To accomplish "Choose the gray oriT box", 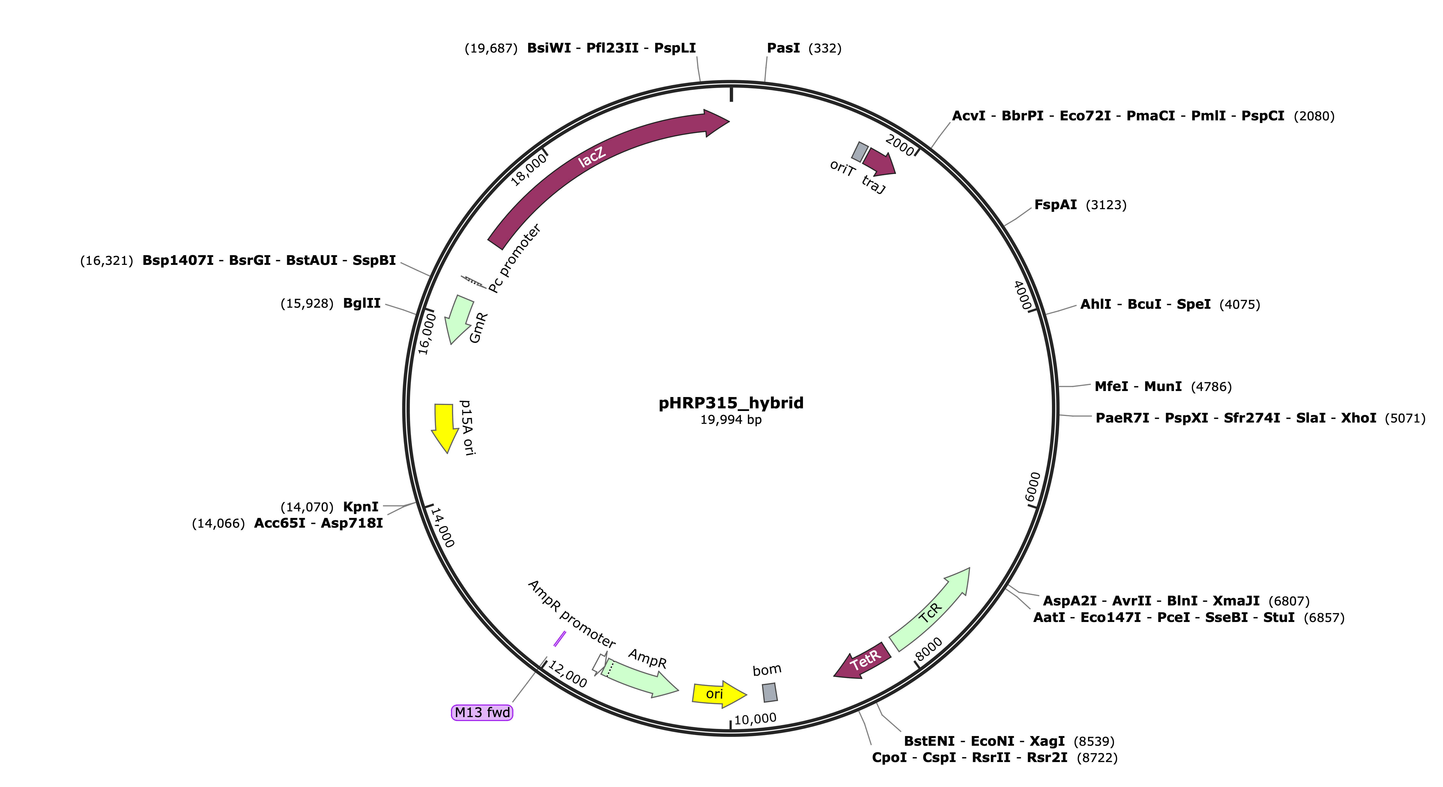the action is pos(860,152).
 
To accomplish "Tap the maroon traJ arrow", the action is pos(879,161).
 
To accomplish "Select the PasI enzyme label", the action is pos(783,48).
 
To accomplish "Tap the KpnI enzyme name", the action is pos(361,507).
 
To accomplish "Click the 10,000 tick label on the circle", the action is pos(755,719).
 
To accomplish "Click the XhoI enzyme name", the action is pos(1358,418).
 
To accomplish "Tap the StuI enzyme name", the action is pos(1279,618).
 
